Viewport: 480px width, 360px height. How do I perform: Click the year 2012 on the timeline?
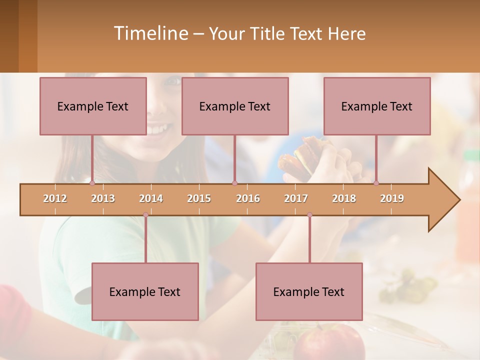tap(55, 198)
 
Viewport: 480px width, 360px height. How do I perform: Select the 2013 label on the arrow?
tap(103, 198)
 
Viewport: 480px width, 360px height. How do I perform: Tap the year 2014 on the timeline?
tap(151, 198)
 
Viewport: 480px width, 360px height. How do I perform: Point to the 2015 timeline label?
tap(199, 198)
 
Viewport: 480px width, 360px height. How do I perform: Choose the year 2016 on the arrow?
tap(248, 198)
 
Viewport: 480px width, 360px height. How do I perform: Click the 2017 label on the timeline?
tap(296, 198)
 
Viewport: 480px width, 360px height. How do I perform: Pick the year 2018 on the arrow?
tap(344, 198)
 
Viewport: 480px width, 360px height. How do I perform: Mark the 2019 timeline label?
tap(392, 198)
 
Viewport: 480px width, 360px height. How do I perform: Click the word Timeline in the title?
tap(150, 33)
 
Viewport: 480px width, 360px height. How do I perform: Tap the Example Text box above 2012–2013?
tap(93, 106)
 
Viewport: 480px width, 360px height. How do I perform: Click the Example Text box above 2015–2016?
tap(235, 106)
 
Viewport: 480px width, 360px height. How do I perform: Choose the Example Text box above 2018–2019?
tap(377, 106)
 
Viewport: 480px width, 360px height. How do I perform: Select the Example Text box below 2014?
tap(145, 291)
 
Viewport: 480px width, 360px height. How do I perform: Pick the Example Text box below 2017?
tap(309, 291)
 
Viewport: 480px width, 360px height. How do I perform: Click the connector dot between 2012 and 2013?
tap(92, 183)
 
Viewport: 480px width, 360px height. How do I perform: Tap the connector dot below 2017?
tap(309, 215)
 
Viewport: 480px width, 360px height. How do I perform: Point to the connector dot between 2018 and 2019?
tap(376, 183)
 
